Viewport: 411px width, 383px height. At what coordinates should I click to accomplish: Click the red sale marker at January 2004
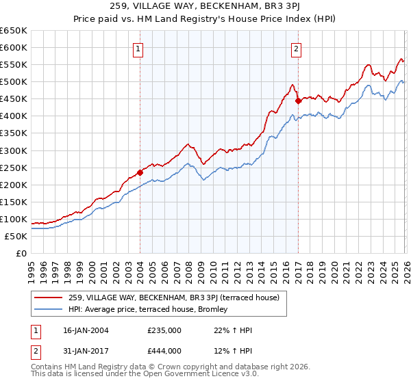click(140, 172)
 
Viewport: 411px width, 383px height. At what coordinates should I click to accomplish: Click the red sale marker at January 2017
click(298, 101)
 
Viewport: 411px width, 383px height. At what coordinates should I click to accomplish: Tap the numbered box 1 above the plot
click(138, 49)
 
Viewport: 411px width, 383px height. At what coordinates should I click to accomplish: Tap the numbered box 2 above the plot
click(297, 49)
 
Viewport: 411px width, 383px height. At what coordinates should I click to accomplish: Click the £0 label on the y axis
click(21, 253)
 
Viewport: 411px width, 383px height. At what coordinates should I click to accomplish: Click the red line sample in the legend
click(49, 298)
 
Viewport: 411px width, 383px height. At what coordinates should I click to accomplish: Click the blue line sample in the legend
click(49, 310)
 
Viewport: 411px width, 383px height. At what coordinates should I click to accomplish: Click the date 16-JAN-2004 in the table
click(80, 330)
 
